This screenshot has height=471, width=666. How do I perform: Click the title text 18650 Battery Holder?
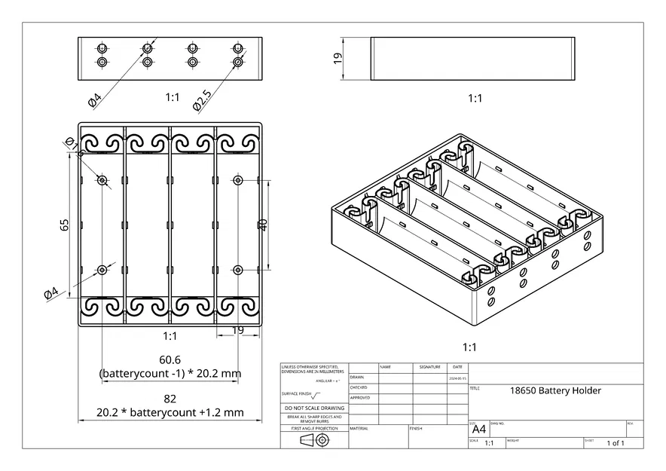[x=555, y=390]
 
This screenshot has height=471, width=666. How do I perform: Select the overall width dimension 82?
[x=170, y=399]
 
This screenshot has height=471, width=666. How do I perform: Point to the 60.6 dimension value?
[x=170, y=359]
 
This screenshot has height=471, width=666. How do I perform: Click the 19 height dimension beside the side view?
[x=338, y=58]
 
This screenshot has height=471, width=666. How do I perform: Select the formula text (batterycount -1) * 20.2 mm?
[x=170, y=373]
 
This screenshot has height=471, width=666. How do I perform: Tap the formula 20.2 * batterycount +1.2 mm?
[x=170, y=412]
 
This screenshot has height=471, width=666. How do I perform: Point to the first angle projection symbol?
[x=313, y=440]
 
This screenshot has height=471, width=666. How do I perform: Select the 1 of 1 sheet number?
[x=616, y=443]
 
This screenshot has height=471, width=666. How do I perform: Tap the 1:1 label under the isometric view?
[x=469, y=347]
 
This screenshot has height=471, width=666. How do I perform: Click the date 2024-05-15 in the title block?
[x=457, y=378]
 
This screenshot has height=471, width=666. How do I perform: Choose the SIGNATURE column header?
[x=429, y=367]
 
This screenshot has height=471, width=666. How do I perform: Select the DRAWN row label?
[x=357, y=378]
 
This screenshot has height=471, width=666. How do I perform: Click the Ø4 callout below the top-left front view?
[x=95, y=99]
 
